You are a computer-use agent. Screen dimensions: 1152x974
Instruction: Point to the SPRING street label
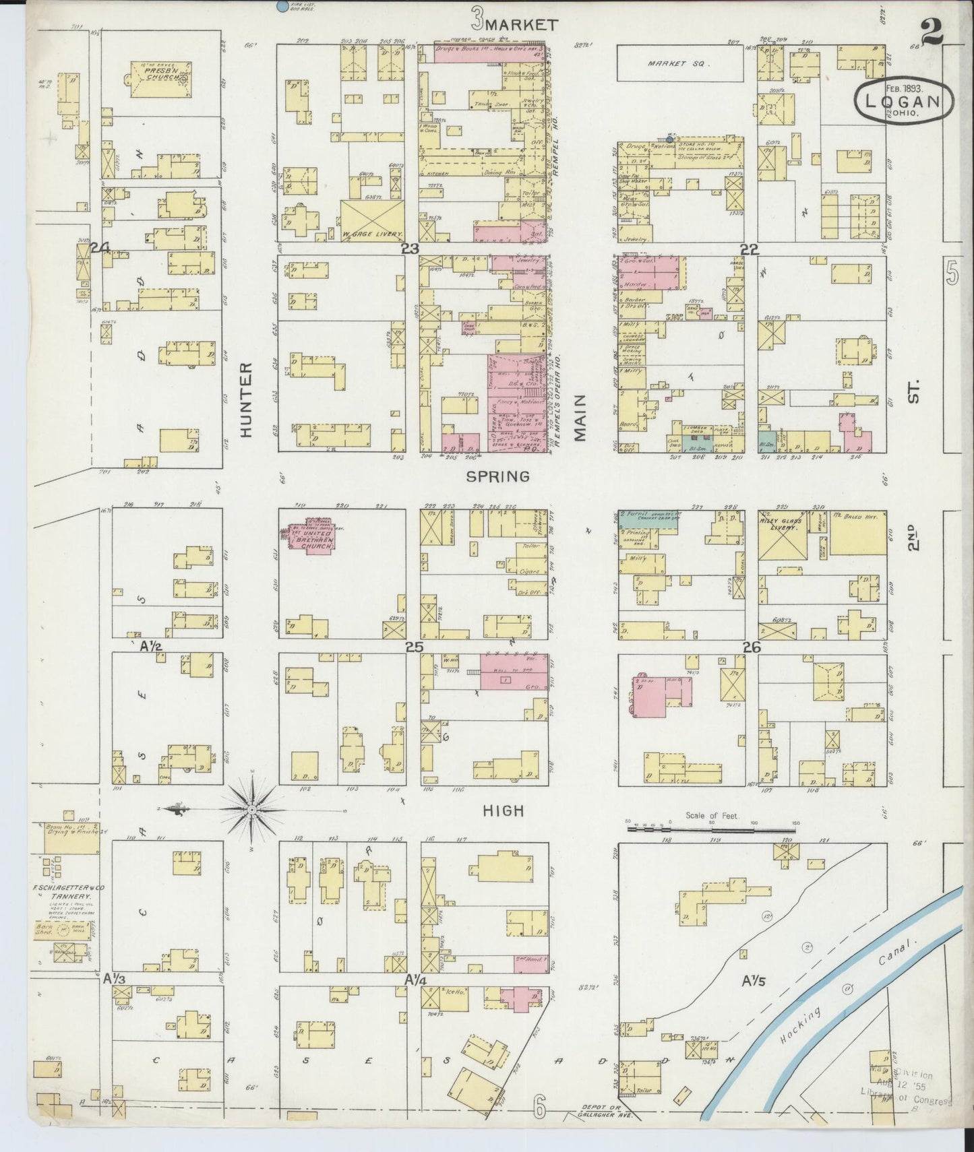(499, 476)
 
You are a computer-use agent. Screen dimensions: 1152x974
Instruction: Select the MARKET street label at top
(522, 25)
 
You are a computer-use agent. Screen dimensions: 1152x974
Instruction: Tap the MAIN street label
(580, 418)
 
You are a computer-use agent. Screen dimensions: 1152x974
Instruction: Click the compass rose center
(251, 808)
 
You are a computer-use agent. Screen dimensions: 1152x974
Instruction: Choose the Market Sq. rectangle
(680, 63)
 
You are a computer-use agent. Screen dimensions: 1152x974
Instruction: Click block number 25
(413, 647)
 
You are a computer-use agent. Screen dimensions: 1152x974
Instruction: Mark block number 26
(751, 647)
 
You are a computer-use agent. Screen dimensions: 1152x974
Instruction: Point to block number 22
(749, 249)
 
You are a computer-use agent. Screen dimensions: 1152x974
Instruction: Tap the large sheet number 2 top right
(933, 32)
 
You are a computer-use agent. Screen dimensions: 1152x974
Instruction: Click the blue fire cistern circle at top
(280, 6)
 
